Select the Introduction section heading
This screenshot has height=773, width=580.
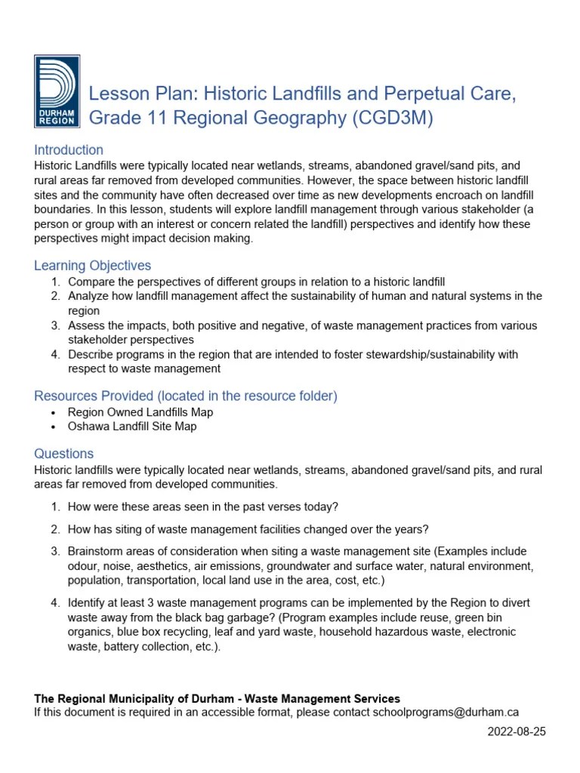tap(69, 149)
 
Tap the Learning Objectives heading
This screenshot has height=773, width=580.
tap(93, 266)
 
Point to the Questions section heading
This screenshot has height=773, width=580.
tap(64, 454)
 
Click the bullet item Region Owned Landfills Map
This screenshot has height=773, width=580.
tap(140, 412)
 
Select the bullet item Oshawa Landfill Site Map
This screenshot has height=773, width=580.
tap(132, 427)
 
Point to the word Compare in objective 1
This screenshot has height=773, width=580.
tap(91, 282)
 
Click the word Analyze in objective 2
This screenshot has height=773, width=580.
tap(88, 297)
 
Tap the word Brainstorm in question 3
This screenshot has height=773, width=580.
tap(97, 551)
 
